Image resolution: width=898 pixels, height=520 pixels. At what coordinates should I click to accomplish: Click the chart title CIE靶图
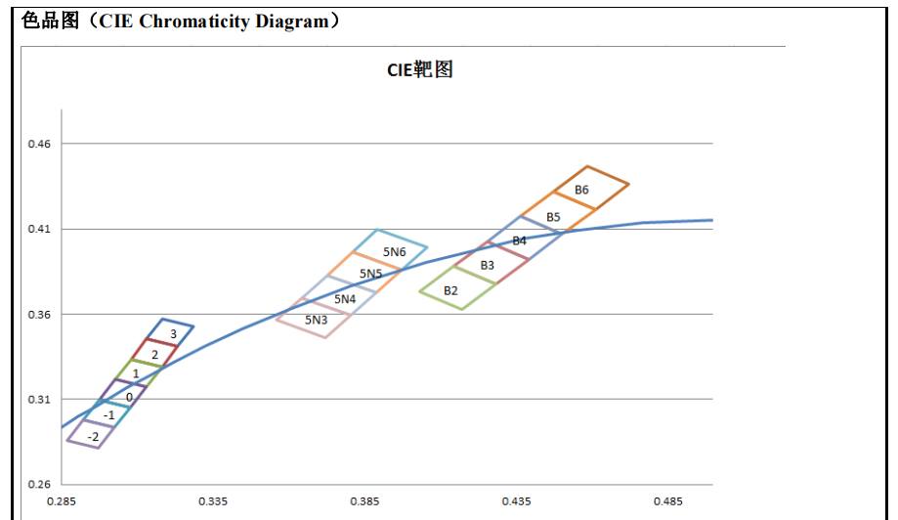pos(420,70)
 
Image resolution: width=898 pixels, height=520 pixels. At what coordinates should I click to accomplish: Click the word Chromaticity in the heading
pos(193,22)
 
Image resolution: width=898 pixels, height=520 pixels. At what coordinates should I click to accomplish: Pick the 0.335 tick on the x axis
pos(213,501)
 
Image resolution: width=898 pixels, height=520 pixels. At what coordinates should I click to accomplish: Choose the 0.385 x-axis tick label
pos(364,501)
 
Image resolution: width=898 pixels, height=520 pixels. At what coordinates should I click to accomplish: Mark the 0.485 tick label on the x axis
pos(668,501)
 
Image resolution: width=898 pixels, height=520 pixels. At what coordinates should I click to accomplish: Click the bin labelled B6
pos(581,190)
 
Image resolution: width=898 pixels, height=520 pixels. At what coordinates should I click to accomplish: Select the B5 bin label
pos(553,216)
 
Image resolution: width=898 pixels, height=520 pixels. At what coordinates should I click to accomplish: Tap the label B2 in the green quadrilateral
pos(450,290)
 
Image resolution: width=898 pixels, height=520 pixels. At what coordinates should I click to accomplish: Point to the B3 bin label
pos(487,265)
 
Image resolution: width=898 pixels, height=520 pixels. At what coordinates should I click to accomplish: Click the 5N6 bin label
pos(394,252)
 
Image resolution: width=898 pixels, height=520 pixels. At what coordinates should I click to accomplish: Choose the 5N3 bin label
pos(316,320)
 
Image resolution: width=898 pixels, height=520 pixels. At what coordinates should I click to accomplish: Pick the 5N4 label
pos(345,299)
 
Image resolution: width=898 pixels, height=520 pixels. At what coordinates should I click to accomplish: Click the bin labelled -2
pos(93,436)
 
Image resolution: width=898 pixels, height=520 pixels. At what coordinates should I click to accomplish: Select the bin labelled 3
pos(173,334)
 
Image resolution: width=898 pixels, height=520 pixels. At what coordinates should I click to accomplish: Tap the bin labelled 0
pos(129,397)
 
